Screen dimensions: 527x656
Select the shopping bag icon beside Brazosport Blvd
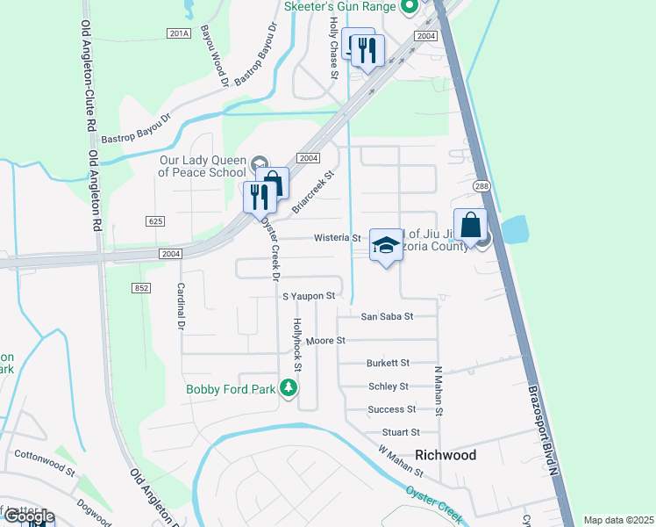coord(470,225)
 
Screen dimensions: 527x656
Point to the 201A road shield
coord(178,32)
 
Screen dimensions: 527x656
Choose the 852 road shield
coord(143,287)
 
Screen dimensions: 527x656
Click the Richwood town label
coord(445,455)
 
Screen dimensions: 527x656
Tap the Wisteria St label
coord(338,238)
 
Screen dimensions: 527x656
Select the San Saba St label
coord(387,316)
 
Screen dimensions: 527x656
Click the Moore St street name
coord(328,340)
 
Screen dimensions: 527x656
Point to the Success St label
coord(392,409)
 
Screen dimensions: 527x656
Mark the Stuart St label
coord(401,432)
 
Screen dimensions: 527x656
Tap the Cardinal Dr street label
coord(182,306)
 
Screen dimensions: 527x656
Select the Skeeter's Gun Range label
coord(341,6)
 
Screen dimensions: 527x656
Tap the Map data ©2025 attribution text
coord(618,520)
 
